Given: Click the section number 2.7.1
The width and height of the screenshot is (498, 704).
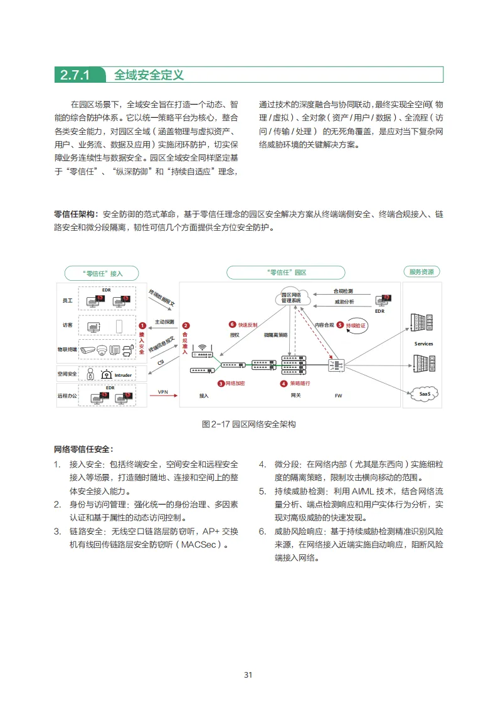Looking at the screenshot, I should [x=75, y=75].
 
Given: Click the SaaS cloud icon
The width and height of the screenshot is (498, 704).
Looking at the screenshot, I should [x=423, y=393].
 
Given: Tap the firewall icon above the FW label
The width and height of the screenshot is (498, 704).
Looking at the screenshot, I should [x=338, y=365].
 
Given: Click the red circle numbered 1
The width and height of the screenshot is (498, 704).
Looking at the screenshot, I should [x=142, y=326].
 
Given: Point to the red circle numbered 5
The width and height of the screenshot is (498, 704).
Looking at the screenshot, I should [x=340, y=325].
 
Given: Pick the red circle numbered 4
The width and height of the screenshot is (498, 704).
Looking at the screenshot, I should [x=283, y=383].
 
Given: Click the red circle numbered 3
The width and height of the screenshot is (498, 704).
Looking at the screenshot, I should [x=221, y=383].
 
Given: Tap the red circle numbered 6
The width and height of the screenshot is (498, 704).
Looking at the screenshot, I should [x=232, y=325].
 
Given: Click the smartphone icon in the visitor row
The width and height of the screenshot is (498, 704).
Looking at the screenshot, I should [x=119, y=326].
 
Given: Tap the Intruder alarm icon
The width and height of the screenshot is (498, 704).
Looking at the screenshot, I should [x=107, y=374].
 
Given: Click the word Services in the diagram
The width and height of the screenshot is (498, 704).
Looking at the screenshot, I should [x=424, y=344].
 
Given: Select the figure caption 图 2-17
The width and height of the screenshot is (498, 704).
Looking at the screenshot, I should [x=248, y=424].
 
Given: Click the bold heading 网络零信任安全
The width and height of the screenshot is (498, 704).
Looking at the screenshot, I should [x=83, y=449].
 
